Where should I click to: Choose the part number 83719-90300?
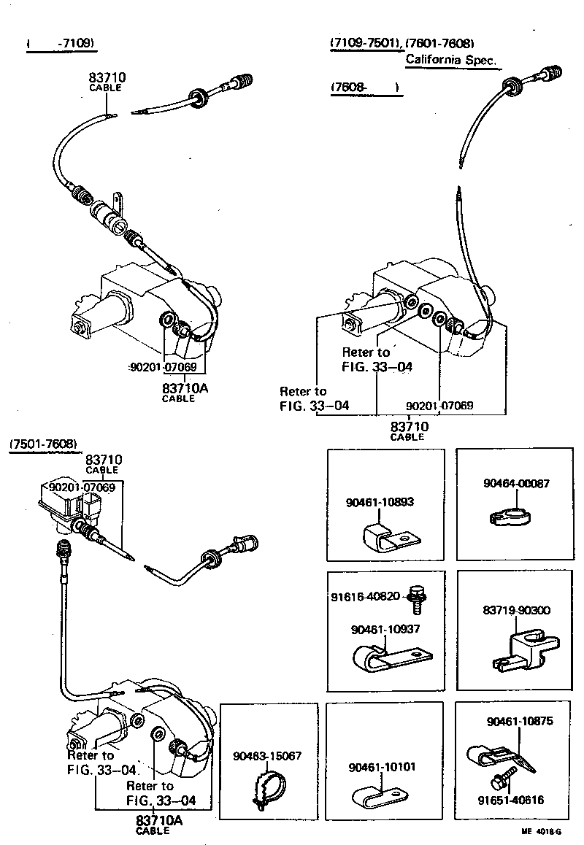[x=517, y=610]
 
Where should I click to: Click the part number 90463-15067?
[x=267, y=756]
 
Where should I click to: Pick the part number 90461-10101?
[x=382, y=767]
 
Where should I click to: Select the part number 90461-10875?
[x=520, y=721]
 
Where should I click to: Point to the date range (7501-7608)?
[x=43, y=444]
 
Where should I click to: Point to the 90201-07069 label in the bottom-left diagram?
[x=82, y=487]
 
